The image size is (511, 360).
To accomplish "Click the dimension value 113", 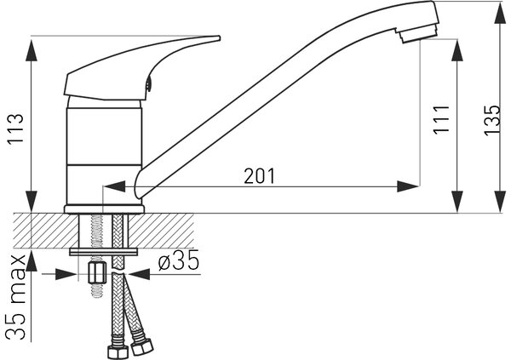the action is click(x=15, y=128).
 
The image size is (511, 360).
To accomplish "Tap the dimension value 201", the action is click(x=260, y=176).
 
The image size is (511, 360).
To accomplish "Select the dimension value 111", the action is click(x=441, y=119).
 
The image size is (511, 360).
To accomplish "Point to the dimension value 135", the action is click(x=491, y=120).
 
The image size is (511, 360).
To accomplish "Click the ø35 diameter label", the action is click(x=178, y=260).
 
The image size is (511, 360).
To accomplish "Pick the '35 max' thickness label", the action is click(x=15, y=297).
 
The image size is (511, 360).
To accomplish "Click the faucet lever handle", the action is click(x=142, y=67).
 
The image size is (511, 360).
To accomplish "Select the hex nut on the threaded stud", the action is click(x=97, y=273).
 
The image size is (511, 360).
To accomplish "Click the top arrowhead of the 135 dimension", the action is click(x=500, y=13).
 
